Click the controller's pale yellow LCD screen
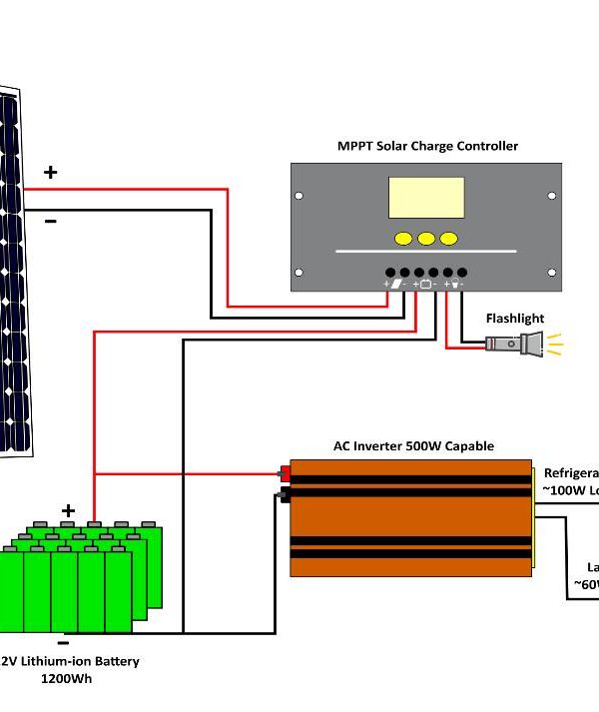(x=426, y=198)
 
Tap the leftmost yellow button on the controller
(x=403, y=239)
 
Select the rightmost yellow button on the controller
(x=449, y=239)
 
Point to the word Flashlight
(x=515, y=319)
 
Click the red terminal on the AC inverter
(x=286, y=474)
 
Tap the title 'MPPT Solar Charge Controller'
(x=427, y=146)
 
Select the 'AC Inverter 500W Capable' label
(x=413, y=446)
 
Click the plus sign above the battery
(x=68, y=510)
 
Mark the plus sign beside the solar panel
(x=50, y=172)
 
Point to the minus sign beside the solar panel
(x=50, y=221)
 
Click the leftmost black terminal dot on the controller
(x=391, y=273)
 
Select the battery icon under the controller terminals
(x=426, y=285)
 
